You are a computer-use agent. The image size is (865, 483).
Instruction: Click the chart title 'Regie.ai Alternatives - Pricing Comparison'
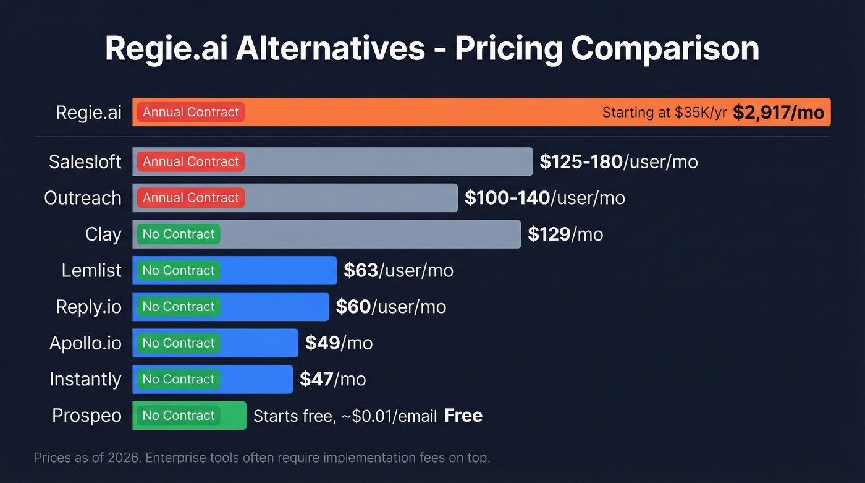tap(432, 49)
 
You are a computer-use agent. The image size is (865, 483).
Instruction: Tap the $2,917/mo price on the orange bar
tap(778, 113)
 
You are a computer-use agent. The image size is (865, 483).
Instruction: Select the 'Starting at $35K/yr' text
tap(664, 113)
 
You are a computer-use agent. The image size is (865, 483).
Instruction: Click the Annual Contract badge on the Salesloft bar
tap(191, 161)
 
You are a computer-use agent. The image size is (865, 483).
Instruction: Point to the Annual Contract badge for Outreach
tap(191, 198)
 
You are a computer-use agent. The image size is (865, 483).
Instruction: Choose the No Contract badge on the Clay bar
tap(179, 234)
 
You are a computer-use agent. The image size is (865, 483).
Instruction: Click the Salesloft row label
tap(85, 162)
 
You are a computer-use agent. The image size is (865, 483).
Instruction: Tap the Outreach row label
tap(83, 198)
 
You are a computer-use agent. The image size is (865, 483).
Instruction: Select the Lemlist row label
tap(91, 270)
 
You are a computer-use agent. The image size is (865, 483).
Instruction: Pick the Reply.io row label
tap(88, 307)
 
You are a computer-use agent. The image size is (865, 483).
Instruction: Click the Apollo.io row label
tap(85, 343)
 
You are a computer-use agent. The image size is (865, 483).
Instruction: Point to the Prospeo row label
tap(86, 416)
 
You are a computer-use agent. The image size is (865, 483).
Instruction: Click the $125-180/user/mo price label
tap(618, 162)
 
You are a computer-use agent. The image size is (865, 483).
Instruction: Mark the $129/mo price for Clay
tap(565, 234)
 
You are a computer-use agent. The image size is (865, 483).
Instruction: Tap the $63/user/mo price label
tap(399, 270)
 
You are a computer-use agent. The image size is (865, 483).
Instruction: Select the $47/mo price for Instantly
tap(332, 379)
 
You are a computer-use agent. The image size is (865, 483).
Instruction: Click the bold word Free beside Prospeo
tap(463, 416)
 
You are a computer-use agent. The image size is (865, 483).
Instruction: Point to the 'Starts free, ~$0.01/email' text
tap(345, 416)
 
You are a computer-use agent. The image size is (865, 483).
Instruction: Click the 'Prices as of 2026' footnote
tap(262, 458)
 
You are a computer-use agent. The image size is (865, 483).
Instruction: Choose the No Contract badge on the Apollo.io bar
tap(179, 343)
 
